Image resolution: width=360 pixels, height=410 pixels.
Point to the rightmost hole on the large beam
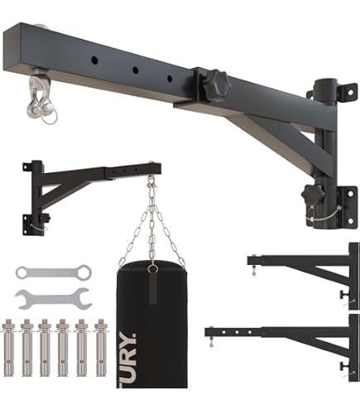coord(169,80)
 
